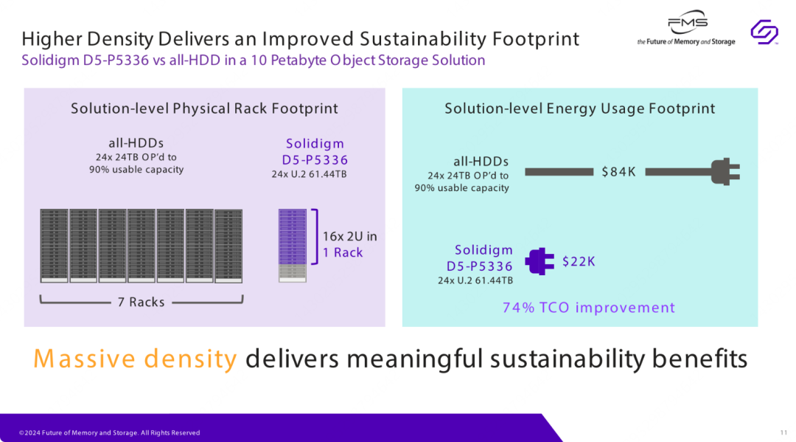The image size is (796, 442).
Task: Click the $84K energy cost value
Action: (618, 172)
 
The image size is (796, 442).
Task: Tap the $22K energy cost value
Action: (579, 262)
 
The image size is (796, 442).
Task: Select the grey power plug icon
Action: (725, 172)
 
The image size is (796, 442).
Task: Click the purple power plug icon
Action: (540, 261)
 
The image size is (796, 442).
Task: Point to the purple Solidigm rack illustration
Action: (293, 246)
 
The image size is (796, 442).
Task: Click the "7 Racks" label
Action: (141, 303)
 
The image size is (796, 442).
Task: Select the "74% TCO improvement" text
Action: (589, 308)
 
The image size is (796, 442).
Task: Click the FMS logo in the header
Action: (686, 28)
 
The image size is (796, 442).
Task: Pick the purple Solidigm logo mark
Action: (764, 32)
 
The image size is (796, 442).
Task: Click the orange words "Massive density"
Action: (135, 359)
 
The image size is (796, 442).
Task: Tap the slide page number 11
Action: (783, 433)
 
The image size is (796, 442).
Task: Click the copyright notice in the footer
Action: (110, 433)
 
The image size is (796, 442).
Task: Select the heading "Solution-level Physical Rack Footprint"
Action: (205, 108)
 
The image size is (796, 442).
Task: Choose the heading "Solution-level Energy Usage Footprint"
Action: (580, 108)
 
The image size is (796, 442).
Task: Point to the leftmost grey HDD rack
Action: (55, 246)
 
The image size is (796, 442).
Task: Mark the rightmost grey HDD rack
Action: (228, 246)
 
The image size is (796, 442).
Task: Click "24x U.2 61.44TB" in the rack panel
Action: (309, 174)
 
